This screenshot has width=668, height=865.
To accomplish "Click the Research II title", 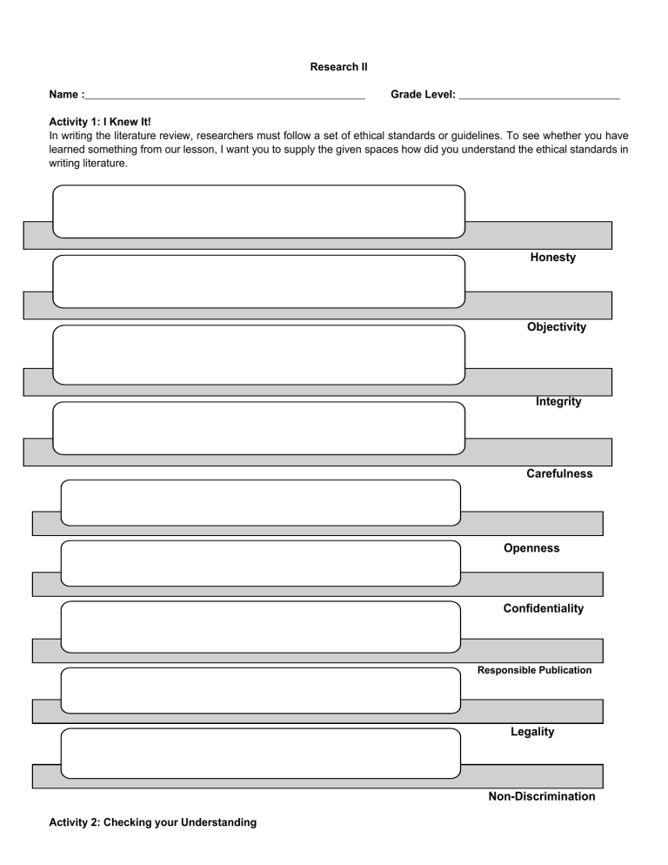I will coord(333,66).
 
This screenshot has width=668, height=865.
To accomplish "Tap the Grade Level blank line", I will coord(538,96).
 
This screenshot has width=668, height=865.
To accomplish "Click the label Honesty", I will coord(552,258).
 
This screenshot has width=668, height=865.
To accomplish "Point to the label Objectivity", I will coord(556,327).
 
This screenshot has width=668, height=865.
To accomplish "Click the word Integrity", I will coord(558,402).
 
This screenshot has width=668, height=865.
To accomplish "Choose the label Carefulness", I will coord(559,474).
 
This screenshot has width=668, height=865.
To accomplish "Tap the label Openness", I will coord(531,548).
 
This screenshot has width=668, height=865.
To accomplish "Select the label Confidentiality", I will coord(544,608).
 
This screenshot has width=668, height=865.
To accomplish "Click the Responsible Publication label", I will coord(534,670).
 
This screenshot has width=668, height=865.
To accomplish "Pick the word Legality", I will coord(532,732).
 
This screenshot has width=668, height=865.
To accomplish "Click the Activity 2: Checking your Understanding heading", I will coord(152,822).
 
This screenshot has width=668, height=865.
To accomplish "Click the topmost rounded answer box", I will coord(258,211).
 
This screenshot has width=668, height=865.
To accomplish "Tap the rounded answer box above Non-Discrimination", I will coord(260,754).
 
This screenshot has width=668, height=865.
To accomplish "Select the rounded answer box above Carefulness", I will coord(258,428).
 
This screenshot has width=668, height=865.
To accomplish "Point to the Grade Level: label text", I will coord(424,94).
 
